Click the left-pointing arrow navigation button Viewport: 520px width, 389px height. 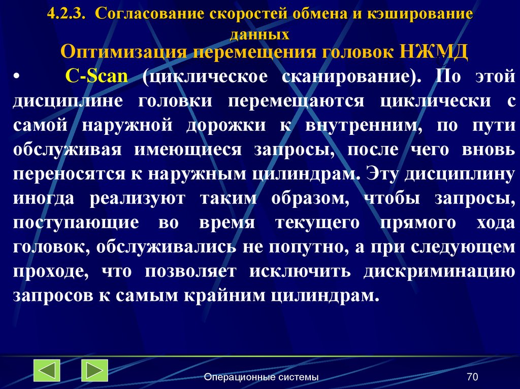pos(47,370)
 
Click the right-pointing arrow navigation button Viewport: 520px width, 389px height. pos(94,370)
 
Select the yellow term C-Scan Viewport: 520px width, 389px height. pos(96,78)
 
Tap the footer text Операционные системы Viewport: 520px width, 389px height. pos(261,377)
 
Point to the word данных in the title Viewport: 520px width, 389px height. pos(259,35)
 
